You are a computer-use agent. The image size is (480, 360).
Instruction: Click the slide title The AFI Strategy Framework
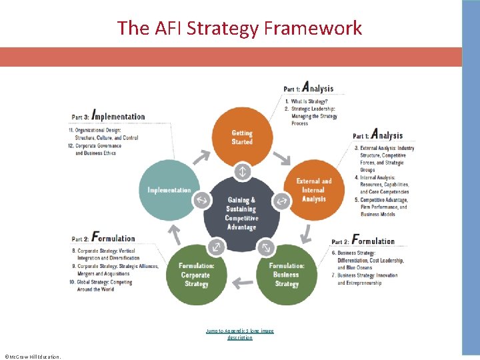click(240, 28)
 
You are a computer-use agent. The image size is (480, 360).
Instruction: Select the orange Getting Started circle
click(242, 137)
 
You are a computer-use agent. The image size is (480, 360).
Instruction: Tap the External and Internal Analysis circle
click(313, 189)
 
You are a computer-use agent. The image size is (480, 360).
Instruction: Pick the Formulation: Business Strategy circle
click(287, 275)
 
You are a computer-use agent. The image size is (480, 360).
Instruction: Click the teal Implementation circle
click(169, 190)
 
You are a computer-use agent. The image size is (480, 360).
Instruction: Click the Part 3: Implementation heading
click(109, 116)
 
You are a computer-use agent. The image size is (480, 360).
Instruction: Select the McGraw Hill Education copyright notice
click(32, 356)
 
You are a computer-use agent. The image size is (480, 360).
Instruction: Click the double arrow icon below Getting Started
click(242, 171)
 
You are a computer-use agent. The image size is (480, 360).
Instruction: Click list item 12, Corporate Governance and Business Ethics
click(98, 149)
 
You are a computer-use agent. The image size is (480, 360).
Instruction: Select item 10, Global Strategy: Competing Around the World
click(102, 285)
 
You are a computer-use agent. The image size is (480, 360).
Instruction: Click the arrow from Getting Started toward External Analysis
click(282, 157)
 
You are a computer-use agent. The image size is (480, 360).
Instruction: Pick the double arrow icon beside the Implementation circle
click(201, 200)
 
